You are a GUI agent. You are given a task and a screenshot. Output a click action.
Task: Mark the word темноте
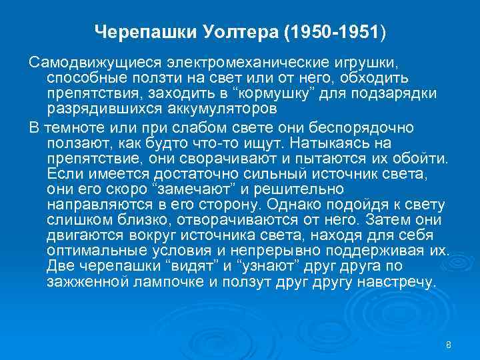click(67, 127)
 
